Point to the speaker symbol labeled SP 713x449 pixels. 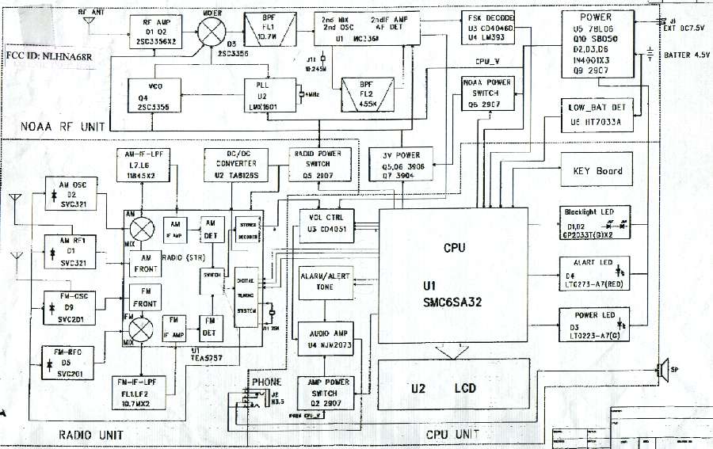(x=660, y=371)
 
